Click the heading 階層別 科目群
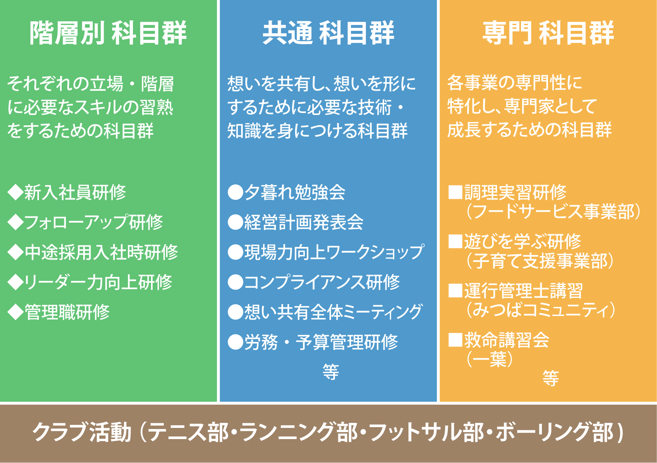click(108, 33)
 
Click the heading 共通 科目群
click(328, 33)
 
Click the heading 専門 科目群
click(548, 33)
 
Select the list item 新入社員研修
click(75, 193)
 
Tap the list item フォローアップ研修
click(94, 222)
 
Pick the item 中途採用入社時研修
click(101, 252)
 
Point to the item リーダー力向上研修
click(98, 282)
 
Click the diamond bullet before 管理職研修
click(15, 312)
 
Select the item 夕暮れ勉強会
click(295, 193)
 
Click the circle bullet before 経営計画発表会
click(235, 222)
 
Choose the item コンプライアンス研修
click(322, 282)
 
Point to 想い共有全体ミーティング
click(333, 312)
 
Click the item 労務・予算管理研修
click(321, 342)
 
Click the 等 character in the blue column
click(331, 372)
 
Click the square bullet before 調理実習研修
click(455, 192)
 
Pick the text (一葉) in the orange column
click(489, 359)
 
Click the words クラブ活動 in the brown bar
click(82, 432)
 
